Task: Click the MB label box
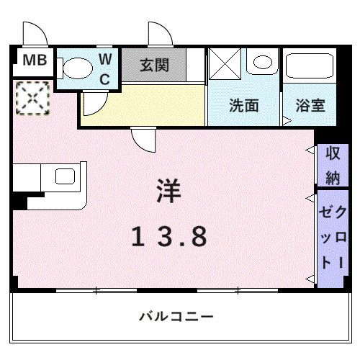[33, 60]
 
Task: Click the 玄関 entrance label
[155, 66]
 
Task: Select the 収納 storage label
[332, 163]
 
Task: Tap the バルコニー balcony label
[176, 316]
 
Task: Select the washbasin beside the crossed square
[261, 62]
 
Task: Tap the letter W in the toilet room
[105, 58]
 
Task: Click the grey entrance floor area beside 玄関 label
[194, 66]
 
